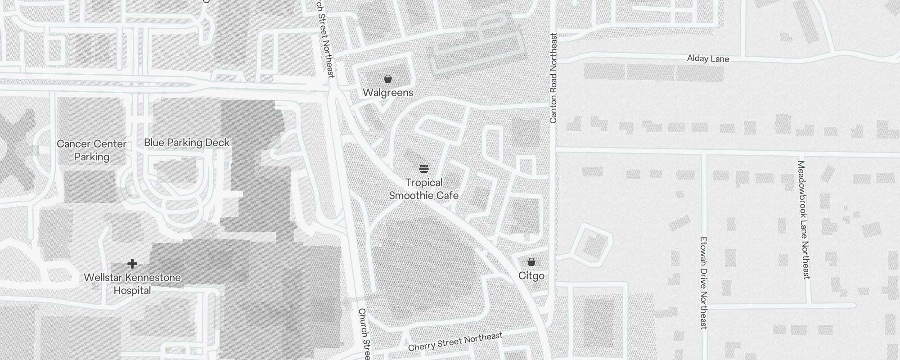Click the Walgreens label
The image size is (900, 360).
388,93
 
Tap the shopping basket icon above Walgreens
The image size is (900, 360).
388,79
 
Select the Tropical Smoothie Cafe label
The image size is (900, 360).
423,189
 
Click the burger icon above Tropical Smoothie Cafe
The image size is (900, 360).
423,169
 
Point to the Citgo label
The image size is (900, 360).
531,276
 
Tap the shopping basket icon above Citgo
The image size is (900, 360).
531,262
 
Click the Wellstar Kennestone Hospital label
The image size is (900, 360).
132,284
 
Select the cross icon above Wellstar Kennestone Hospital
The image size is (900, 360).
132,264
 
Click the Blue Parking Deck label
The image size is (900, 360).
187,143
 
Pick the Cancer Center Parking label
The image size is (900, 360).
92,150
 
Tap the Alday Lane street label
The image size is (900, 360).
708,59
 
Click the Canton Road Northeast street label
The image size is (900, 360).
553,78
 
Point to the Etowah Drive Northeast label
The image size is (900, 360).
704,283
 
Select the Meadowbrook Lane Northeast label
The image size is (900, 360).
804,220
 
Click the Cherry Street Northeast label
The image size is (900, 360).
455,342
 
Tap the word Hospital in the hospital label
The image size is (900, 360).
132,291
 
